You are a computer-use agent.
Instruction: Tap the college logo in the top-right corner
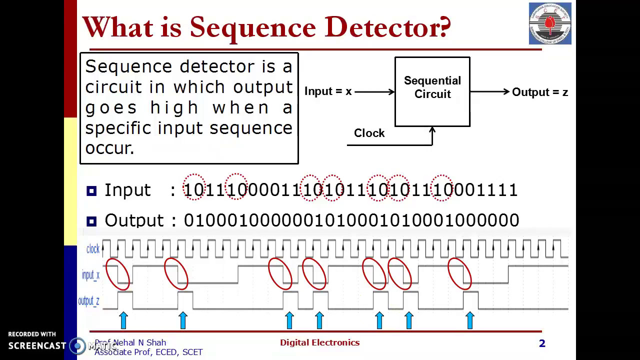point(550,23)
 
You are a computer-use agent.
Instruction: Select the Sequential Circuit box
point(432,91)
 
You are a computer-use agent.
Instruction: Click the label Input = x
point(328,91)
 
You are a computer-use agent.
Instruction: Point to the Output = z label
point(540,92)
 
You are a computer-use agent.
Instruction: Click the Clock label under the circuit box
point(369,133)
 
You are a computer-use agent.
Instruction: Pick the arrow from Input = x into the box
point(374,91)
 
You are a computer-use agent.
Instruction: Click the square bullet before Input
point(91,190)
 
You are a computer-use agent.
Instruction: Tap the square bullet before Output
point(91,220)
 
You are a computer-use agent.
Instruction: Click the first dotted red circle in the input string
point(194,187)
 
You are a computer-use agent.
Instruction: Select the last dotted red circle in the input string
point(442,187)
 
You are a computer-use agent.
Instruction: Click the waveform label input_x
point(90,275)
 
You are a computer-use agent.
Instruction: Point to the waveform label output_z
point(88,301)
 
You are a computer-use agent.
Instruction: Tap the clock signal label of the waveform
point(93,249)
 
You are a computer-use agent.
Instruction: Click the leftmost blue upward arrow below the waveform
point(123,320)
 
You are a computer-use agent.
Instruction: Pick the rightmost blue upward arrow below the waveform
point(469,320)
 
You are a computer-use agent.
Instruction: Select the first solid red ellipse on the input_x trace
point(118,274)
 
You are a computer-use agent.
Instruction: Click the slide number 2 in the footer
point(542,343)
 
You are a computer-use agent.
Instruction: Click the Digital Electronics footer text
point(319,342)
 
